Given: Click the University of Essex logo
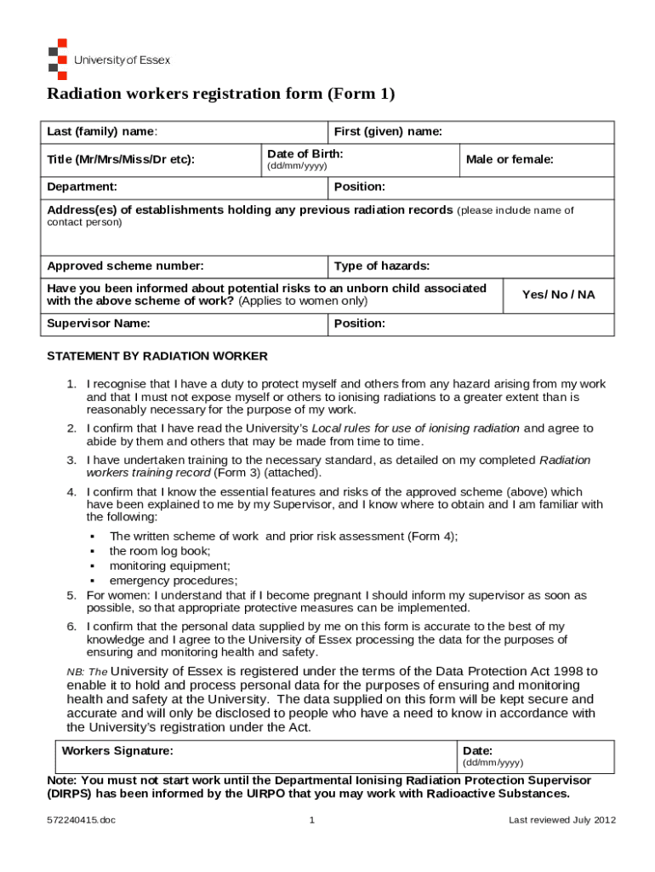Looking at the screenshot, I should point(108,60).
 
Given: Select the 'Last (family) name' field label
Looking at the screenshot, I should point(101,132).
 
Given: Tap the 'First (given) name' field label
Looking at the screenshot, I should point(388,132).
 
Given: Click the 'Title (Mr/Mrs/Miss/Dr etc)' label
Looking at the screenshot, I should point(121,159).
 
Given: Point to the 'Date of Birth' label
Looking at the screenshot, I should point(305,154).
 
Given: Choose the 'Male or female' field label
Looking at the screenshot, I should point(510,159).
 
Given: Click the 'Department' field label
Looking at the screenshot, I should point(82,186).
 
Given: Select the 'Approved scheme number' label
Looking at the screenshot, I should point(125,267).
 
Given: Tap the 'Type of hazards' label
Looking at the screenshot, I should point(382,267).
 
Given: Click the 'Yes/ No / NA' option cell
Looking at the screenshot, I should point(558,295).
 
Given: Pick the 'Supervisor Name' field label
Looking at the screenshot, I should point(99,324).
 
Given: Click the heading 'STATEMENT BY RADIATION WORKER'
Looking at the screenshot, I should point(157,356).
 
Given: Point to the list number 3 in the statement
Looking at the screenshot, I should point(72,460).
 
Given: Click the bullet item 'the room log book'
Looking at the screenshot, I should point(160,551).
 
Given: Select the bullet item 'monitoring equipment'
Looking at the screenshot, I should point(169,565).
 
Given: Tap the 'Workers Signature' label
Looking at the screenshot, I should point(117,751).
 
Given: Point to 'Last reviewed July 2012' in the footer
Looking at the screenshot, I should point(561,820).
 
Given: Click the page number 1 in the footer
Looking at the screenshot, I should point(313,820).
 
